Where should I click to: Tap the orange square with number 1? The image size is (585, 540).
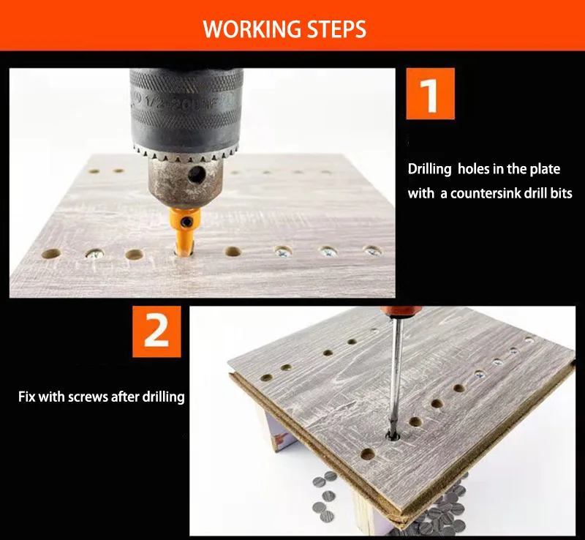pyautogui.click(x=430, y=94)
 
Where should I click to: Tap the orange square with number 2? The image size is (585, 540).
pyautogui.click(x=156, y=331)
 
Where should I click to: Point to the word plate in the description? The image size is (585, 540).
pyautogui.click(x=545, y=170)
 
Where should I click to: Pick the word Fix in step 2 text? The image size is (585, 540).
pyautogui.click(x=27, y=397)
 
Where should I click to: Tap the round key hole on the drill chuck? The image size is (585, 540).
pyautogui.click(x=197, y=174)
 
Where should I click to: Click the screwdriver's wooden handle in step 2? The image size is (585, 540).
pyautogui.click(x=390, y=312)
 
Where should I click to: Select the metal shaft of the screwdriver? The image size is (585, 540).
pyautogui.click(x=396, y=373)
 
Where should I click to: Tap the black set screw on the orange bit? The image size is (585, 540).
pyautogui.click(x=186, y=223)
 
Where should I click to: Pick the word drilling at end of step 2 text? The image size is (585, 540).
pyautogui.click(x=164, y=397)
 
